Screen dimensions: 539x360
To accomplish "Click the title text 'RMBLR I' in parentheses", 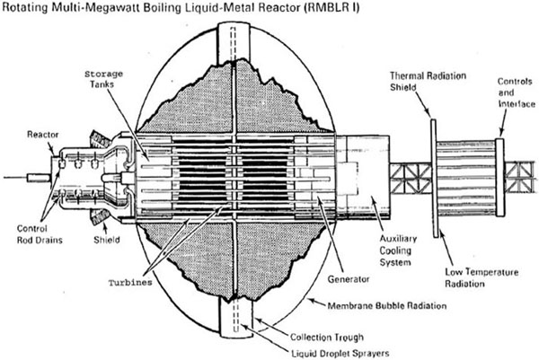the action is (331, 7).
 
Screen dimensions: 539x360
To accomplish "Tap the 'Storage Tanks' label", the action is (103, 79).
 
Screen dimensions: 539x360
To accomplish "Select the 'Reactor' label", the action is (42, 135).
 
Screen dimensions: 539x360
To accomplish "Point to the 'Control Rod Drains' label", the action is (40, 234).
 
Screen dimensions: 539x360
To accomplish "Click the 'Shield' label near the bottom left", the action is (107, 240).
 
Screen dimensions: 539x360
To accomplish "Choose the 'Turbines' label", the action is (130, 283).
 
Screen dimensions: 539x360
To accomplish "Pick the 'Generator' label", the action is (349, 279).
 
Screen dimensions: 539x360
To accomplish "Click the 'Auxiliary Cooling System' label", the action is (398, 250).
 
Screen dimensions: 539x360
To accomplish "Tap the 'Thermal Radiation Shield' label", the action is (428, 82).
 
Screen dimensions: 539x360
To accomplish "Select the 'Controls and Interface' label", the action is (517, 92).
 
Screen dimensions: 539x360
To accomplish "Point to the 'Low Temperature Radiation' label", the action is (482, 278).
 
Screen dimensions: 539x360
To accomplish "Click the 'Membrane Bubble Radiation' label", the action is (386, 306).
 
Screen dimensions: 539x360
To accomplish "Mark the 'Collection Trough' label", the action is (327, 337).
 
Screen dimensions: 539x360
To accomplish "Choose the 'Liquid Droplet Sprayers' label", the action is (340, 354).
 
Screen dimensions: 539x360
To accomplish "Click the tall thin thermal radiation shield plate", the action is (434, 178).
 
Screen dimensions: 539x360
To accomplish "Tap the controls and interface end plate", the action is (500, 177).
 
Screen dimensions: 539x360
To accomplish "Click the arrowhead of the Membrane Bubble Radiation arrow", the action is (311, 301).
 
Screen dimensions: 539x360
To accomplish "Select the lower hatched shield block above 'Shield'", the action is (100, 216).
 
